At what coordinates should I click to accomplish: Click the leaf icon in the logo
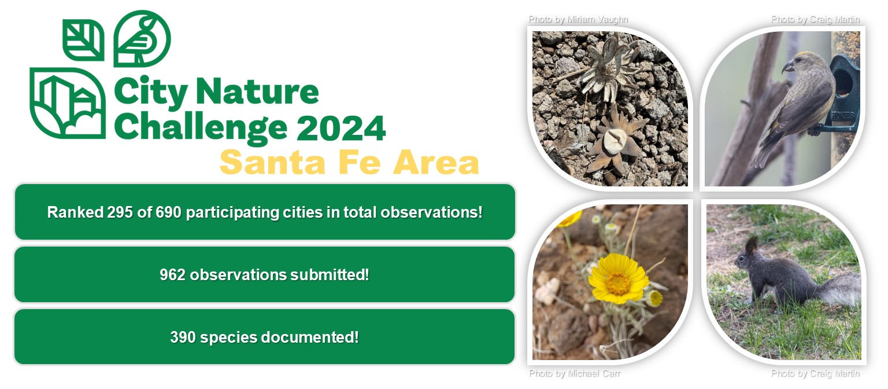84,40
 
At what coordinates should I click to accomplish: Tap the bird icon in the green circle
142,39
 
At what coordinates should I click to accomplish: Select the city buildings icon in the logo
68,103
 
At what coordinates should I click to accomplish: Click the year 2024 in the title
341,128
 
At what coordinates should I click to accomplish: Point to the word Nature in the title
257,91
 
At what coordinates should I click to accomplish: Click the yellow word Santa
273,163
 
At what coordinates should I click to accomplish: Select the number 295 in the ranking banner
120,212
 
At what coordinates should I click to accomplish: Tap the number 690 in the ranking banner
168,212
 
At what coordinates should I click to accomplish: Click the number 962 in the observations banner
172,275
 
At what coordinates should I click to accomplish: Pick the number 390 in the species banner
183,337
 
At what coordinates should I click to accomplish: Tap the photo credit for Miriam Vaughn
578,19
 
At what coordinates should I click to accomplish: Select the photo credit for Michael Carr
575,373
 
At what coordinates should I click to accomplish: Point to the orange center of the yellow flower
617,283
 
